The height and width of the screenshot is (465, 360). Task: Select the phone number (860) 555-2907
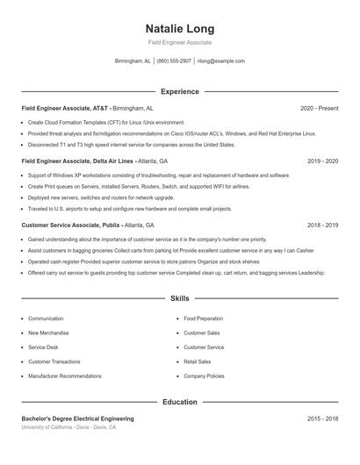pos(174,61)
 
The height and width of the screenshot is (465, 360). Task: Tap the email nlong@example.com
pos(221,61)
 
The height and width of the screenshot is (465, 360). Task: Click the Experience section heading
pos(179,91)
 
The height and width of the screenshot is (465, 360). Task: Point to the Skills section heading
pos(179,299)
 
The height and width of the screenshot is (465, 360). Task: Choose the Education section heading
pos(179,402)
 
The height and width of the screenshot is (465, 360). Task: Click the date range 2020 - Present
pos(319,108)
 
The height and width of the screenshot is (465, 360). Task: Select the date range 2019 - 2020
pos(322,161)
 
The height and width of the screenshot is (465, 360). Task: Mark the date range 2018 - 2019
pos(322,225)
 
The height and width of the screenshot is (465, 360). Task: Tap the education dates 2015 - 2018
pos(322,419)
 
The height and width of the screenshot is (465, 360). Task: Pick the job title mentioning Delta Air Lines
pos(78,161)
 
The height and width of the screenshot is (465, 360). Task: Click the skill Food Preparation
pos(203,318)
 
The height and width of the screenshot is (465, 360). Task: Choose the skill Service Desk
pos(44,347)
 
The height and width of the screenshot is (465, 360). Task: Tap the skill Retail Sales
pos(197,361)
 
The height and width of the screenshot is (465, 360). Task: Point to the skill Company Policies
pos(203,376)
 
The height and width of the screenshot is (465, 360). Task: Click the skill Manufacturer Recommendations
pos(64,376)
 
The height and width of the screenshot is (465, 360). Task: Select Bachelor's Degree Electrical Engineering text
pos(77,419)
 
